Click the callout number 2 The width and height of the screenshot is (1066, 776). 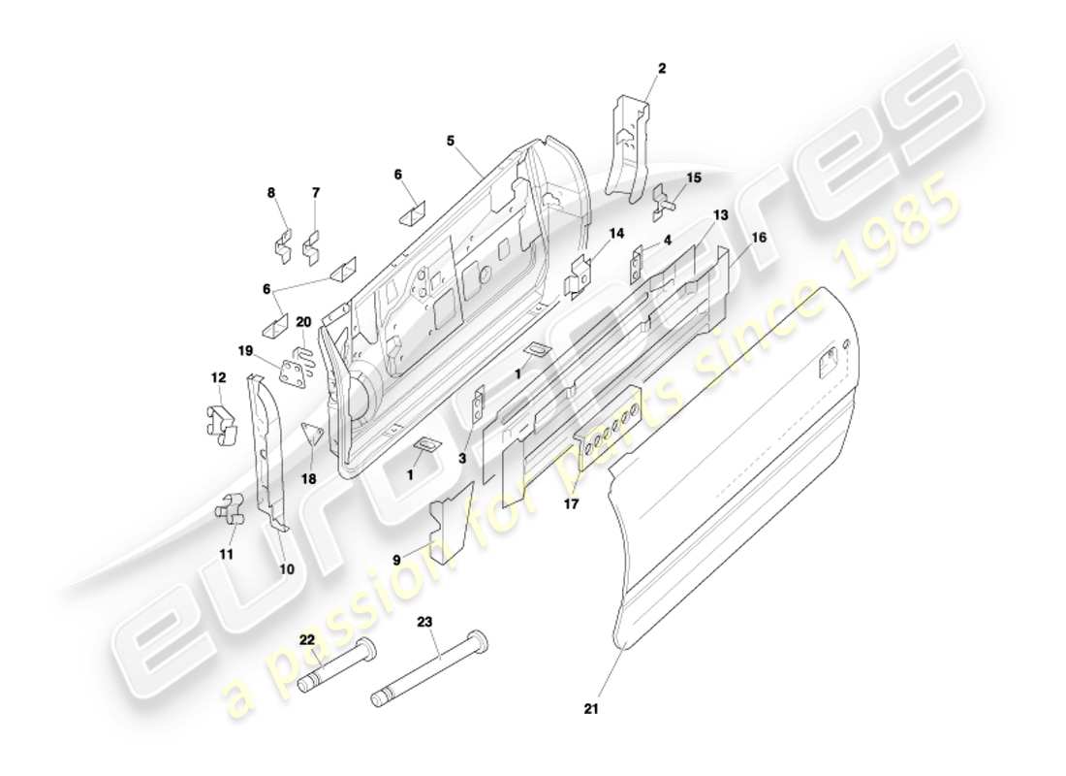click(x=662, y=68)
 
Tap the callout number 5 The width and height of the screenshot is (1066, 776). click(x=451, y=141)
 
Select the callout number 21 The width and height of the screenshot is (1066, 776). click(x=592, y=709)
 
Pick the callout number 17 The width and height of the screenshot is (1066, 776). click(x=572, y=503)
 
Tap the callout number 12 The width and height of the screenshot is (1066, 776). click(x=218, y=376)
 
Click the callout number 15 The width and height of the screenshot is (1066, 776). click(x=693, y=178)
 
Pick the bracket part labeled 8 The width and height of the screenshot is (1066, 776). click(x=281, y=246)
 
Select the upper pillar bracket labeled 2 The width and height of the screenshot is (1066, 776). click(x=625, y=145)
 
